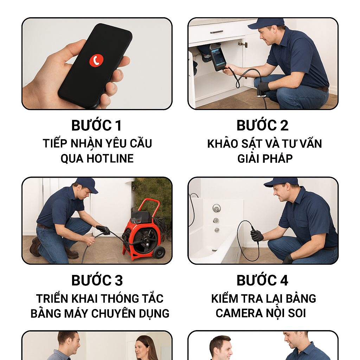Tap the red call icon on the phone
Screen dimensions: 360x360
point(96,60)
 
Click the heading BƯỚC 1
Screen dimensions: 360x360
point(96,125)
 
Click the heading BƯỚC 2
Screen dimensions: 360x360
point(262,125)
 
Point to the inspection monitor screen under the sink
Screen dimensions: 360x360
point(218,57)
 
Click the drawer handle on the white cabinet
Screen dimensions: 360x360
point(217,32)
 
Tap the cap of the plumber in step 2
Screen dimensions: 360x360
point(266,23)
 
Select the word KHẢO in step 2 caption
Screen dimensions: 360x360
point(223,143)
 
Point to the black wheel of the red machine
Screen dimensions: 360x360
point(159,252)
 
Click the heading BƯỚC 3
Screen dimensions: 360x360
point(97,280)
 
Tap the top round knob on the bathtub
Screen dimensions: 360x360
point(217,208)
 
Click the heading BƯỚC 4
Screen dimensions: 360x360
point(262,280)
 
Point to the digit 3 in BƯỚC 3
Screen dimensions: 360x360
point(118,280)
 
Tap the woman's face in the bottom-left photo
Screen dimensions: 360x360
point(141,347)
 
